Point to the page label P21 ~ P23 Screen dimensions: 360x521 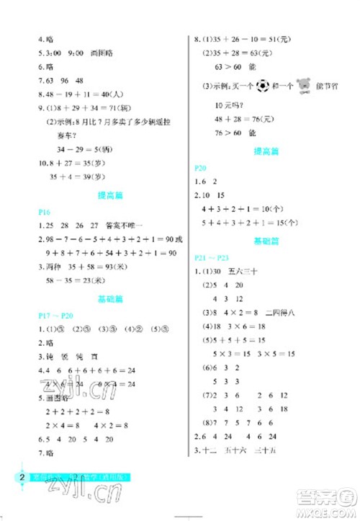point(217,257)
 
